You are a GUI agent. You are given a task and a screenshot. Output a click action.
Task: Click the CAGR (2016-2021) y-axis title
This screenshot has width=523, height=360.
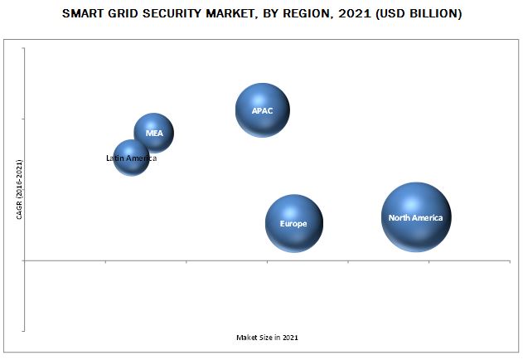[x=19, y=190]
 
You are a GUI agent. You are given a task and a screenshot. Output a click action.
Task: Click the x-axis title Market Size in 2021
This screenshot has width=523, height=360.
[x=268, y=338]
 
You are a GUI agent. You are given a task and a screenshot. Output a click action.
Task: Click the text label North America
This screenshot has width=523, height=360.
[x=416, y=218]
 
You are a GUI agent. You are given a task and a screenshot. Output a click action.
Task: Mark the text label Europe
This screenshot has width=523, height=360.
[x=293, y=224]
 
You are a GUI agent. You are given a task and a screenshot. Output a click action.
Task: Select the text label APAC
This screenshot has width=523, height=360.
[x=262, y=110]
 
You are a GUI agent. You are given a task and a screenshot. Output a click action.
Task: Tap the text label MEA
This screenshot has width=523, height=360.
[x=154, y=133]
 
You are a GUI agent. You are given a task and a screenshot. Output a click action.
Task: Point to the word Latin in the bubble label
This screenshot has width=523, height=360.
[x=115, y=158]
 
